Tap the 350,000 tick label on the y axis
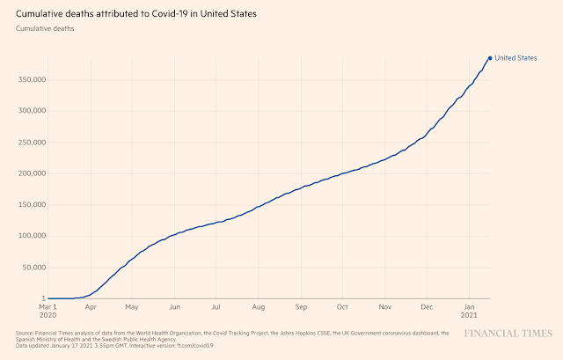(29, 79)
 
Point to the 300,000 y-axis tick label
(29, 111)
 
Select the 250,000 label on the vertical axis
(29, 142)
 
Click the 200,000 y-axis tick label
(29, 173)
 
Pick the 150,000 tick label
(29, 204)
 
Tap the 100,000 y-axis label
(29, 236)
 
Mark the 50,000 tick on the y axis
(31, 267)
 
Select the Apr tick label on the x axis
(91, 307)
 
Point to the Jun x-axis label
(175, 307)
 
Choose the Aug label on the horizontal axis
(259, 307)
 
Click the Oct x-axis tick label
(343, 307)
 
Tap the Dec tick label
(427, 307)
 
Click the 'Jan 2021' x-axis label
(469, 312)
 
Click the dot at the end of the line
(490, 58)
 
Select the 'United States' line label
(515, 58)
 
